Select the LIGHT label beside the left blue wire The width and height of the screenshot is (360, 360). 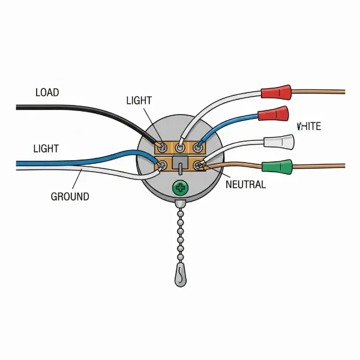click(46, 148)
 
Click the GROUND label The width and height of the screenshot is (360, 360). click(70, 196)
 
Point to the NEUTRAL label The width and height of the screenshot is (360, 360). click(245, 185)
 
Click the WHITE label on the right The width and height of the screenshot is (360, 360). click(310, 126)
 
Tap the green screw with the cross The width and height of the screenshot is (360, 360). click(180, 188)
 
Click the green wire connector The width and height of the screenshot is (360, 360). click(277, 166)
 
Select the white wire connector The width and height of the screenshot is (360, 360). click(280, 142)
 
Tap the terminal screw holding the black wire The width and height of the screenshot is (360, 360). click(161, 146)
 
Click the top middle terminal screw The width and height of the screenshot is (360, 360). click(180, 146)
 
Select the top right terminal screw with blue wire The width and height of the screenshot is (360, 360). click(197, 146)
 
